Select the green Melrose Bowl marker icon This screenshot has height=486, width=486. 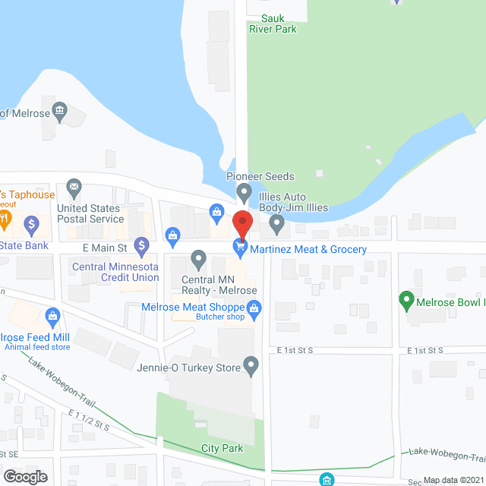[405, 301]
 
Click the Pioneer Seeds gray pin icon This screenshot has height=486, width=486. [244, 192]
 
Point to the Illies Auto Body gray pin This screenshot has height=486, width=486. [277, 224]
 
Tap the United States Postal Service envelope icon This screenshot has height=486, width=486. [74, 186]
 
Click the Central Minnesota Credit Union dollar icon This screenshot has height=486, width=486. [141, 245]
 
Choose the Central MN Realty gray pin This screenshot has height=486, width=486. [198, 260]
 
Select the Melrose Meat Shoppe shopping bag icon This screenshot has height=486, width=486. [254, 308]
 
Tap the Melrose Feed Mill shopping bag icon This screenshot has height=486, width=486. [52, 315]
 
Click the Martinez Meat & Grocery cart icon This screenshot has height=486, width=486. [241, 246]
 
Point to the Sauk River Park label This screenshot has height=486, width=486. [273, 23]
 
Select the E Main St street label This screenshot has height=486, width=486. [103, 247]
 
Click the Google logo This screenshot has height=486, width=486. [24, 476]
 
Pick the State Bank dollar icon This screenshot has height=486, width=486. [31, 225]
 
